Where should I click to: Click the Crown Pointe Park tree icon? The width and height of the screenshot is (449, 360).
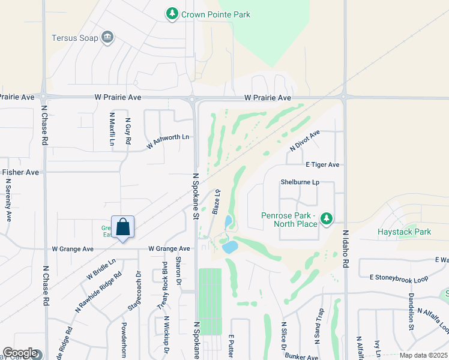172,13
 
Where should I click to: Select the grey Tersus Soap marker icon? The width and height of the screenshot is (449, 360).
107,37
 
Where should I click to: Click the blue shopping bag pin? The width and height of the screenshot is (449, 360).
122,227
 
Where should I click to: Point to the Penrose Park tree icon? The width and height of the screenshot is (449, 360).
327,218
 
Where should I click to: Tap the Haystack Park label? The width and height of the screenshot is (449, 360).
404,232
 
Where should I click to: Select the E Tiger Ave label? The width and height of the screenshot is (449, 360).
322,164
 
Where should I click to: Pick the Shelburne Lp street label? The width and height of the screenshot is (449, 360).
298,182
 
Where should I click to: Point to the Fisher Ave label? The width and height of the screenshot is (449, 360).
20,172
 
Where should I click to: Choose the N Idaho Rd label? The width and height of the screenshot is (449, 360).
346,247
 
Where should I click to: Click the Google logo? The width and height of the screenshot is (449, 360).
20,353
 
